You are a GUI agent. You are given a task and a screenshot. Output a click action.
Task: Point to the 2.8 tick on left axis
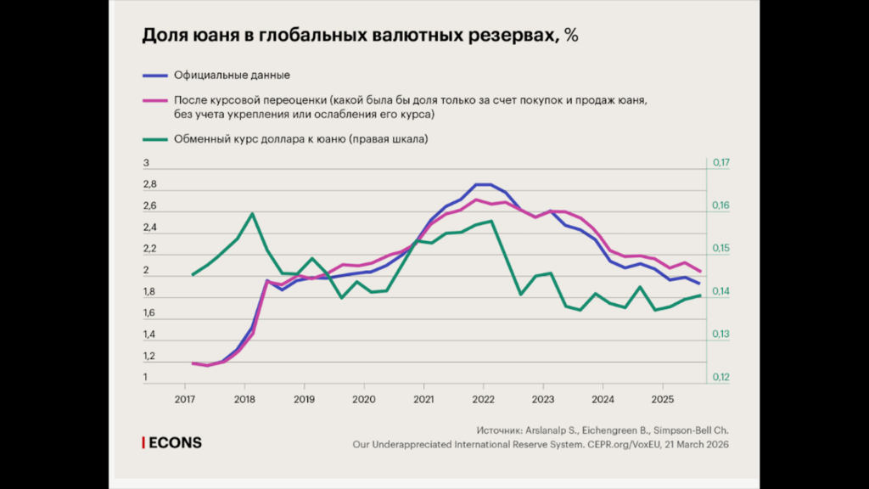click(x=149, y=184)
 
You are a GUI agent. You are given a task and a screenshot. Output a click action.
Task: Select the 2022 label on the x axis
click(x=483, y=398)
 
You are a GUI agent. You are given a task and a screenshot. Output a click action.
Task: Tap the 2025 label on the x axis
click(x=662, y=398)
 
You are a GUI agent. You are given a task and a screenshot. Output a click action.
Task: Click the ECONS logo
click(x=172, y=443)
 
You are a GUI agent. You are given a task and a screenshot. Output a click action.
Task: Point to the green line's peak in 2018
click(x=253, y=213)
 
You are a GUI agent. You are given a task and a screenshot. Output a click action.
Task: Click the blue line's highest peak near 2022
click(x=482, y=184)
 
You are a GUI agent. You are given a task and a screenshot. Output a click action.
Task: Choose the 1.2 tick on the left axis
click(x=149, y=357)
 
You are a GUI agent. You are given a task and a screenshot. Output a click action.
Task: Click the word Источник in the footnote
click(x=502, y=430)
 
